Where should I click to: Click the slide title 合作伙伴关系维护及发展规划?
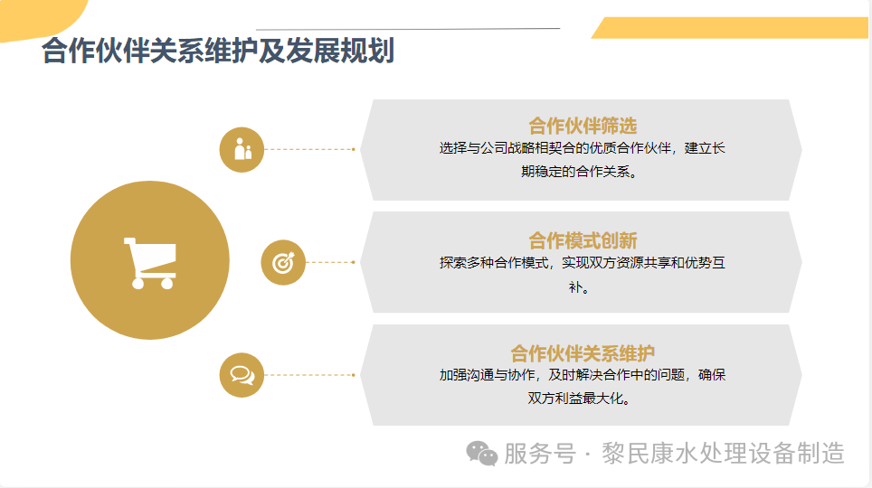(218, 52)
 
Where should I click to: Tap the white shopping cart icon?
(149, 263)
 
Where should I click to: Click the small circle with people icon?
(242, 149)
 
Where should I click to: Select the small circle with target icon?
(283, 263)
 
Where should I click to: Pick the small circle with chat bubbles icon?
(242, 374)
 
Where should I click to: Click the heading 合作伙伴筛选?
(583, 126)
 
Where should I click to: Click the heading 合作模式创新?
(583, 239)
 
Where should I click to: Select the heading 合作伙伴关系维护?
(583, 352)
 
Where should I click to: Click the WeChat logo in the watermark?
(482, 454)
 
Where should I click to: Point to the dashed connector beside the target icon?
(330, 263)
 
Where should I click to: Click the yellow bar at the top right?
(733, 28)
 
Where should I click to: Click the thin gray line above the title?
(407, 29)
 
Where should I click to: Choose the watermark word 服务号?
(539, 453)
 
